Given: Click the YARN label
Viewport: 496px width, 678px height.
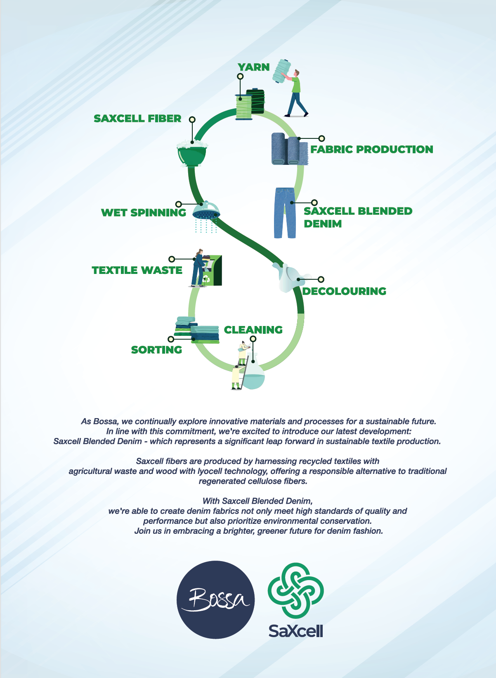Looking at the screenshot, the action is coord(253,67).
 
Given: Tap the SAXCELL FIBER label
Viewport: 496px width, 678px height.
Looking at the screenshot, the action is coord(137,118).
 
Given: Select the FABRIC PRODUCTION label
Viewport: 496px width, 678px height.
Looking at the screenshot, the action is coord(372,149).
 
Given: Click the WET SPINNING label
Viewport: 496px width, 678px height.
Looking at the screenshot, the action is coord(144,212).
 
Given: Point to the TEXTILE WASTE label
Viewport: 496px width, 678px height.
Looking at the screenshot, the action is coord(137,270).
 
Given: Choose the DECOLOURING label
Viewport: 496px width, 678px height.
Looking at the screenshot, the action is coord(344,291).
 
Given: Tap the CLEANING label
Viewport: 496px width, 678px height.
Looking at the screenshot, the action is coord(253,330).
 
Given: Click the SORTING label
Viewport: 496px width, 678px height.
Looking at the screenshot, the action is coord(156,350).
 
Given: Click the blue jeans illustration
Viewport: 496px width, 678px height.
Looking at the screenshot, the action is coord(285,213).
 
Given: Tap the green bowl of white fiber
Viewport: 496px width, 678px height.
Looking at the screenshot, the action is coord(192,153).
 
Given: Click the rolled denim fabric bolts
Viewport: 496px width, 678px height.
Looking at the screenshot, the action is coord(289,149).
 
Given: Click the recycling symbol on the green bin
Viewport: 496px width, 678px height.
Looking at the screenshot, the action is coord(206,278).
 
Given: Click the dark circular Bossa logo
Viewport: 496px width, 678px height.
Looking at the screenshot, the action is coord(215,599).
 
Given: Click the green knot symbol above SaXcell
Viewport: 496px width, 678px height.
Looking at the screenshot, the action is coord(295,590).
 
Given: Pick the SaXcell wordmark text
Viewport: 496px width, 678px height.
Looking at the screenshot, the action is coord(295,631).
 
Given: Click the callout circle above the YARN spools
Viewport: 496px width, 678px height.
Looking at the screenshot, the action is coord(240,76).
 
